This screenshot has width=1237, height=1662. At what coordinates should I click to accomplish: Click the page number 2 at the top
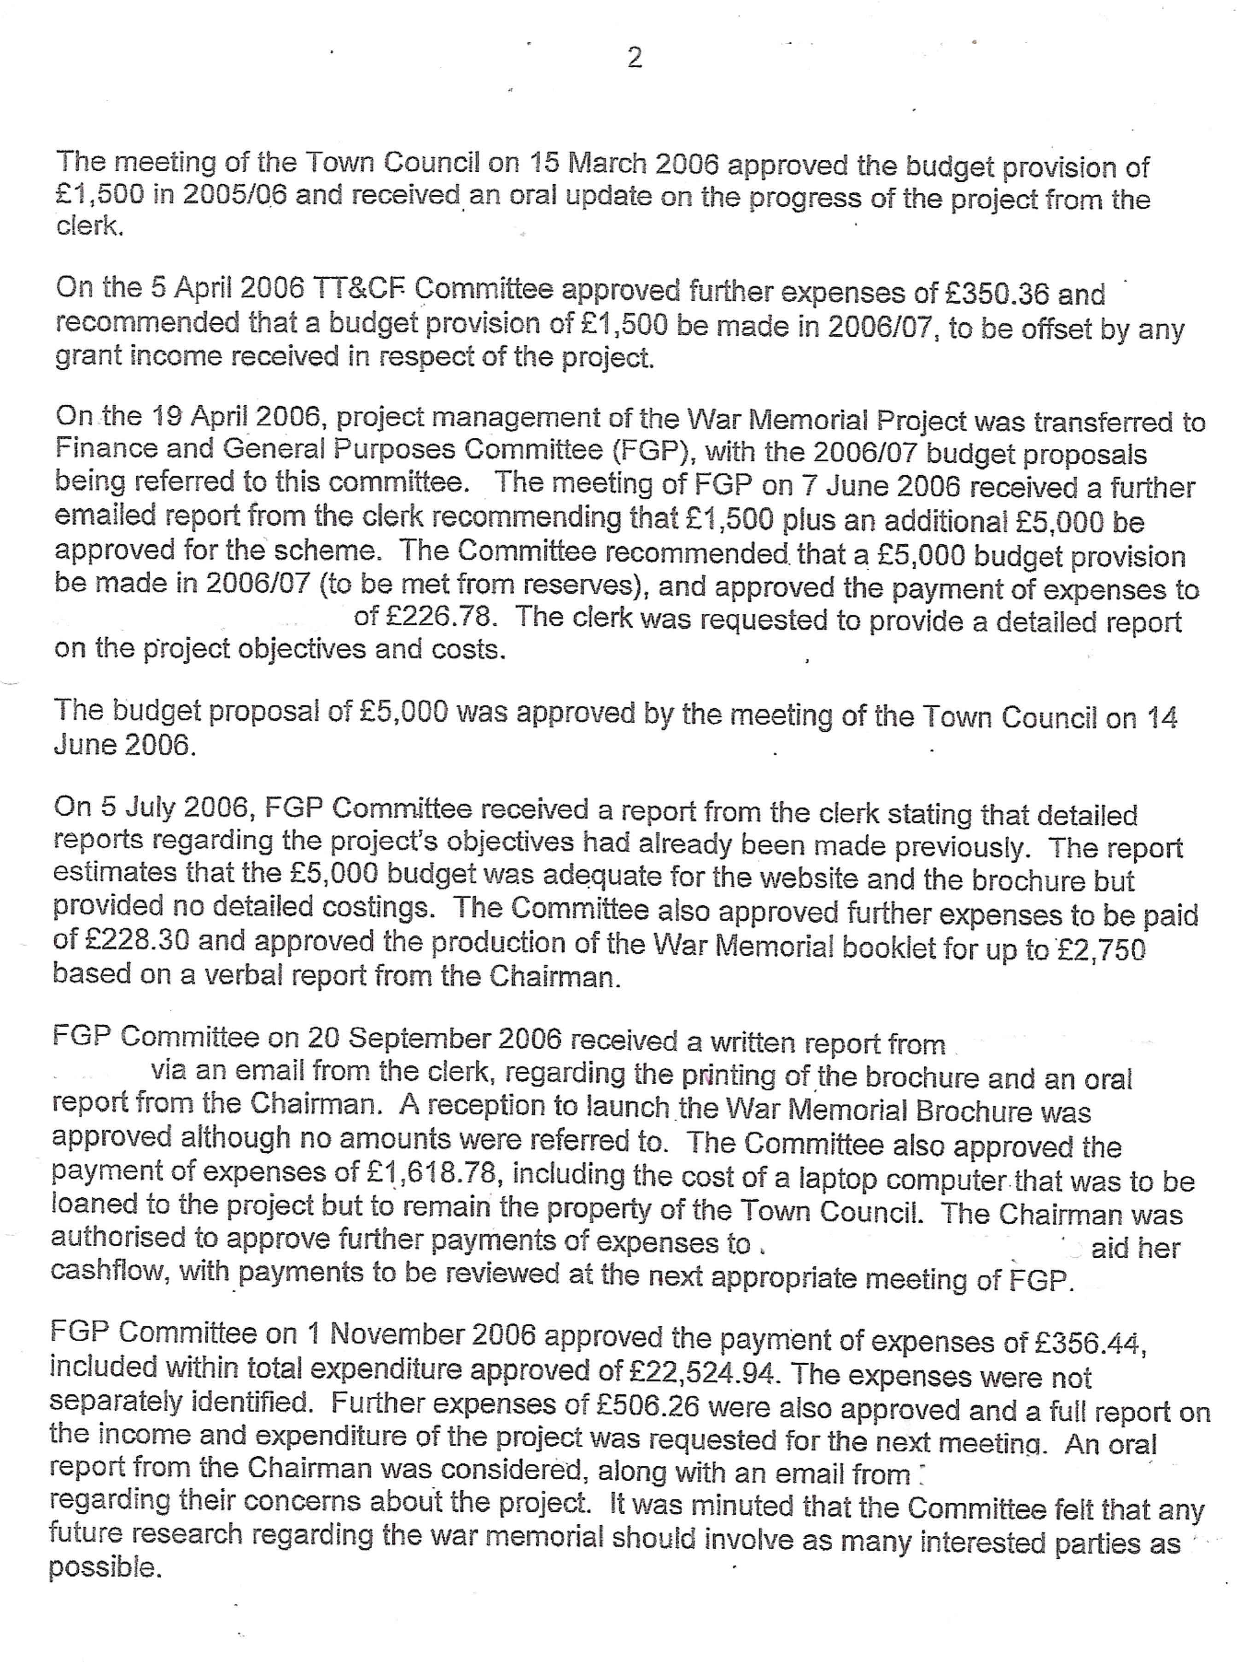coord(634,58)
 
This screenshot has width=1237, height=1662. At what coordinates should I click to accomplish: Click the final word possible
coord(105,1568)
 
